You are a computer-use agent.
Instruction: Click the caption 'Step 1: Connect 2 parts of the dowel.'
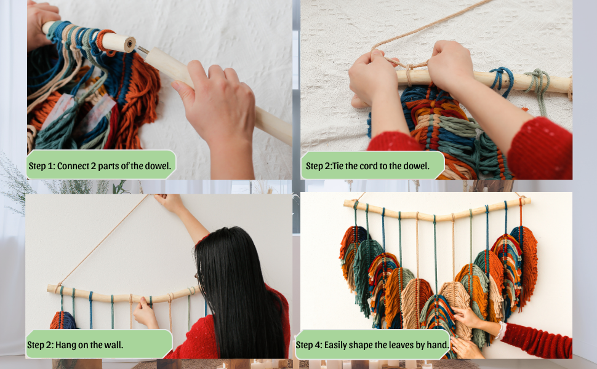point(102,165)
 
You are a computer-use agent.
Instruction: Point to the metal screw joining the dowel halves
point(142,50)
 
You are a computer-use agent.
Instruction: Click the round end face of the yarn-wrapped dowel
point(129,43)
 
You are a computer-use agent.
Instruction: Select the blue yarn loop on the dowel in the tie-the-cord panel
point(502,80)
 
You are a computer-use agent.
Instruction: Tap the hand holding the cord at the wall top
point(170,202)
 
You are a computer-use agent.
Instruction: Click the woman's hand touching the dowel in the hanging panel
point(146,313)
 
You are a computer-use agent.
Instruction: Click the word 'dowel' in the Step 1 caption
point(159,165)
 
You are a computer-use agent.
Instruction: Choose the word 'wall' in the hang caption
point(112,344)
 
